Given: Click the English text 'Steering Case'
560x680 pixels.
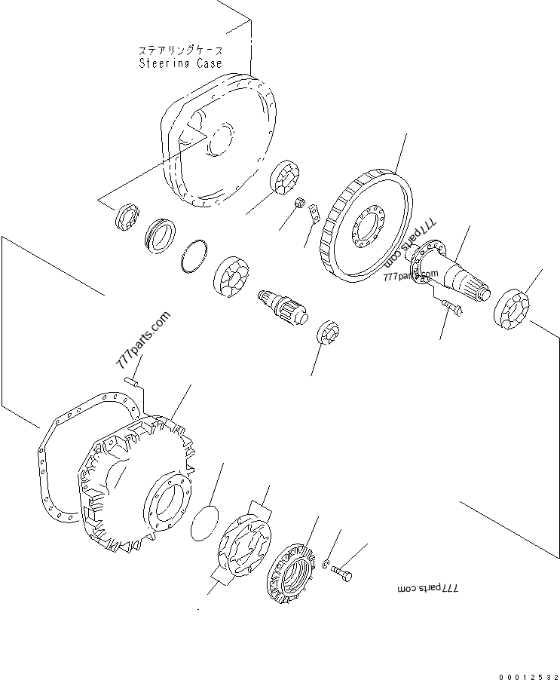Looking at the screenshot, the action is [180, 63].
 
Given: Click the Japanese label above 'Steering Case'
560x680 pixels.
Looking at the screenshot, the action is [180, 50].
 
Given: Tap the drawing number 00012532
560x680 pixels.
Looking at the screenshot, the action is [528, 676].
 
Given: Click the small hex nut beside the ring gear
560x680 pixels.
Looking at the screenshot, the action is [299, 202].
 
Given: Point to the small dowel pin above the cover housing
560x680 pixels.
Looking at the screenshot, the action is [131, 381].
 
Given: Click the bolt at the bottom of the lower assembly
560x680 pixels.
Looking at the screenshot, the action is [341, 573].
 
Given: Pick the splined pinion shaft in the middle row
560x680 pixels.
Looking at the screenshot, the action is [282, 306].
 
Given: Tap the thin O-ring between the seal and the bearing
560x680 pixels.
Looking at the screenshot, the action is [194, 256].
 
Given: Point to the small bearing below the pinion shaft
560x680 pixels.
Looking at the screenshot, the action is [329, 332].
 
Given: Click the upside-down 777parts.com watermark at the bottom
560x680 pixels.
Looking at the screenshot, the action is [427, 589].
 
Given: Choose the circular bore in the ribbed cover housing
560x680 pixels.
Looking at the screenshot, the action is [168, 502].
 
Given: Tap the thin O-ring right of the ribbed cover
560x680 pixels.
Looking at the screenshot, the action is [205, 522].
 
